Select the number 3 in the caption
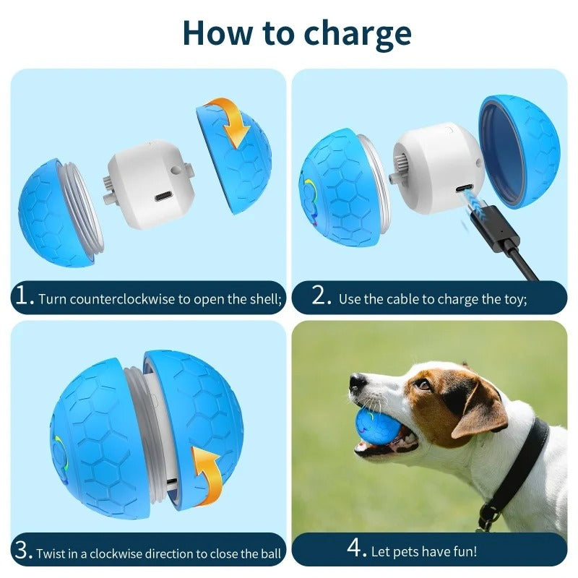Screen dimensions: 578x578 coord(22,551)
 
